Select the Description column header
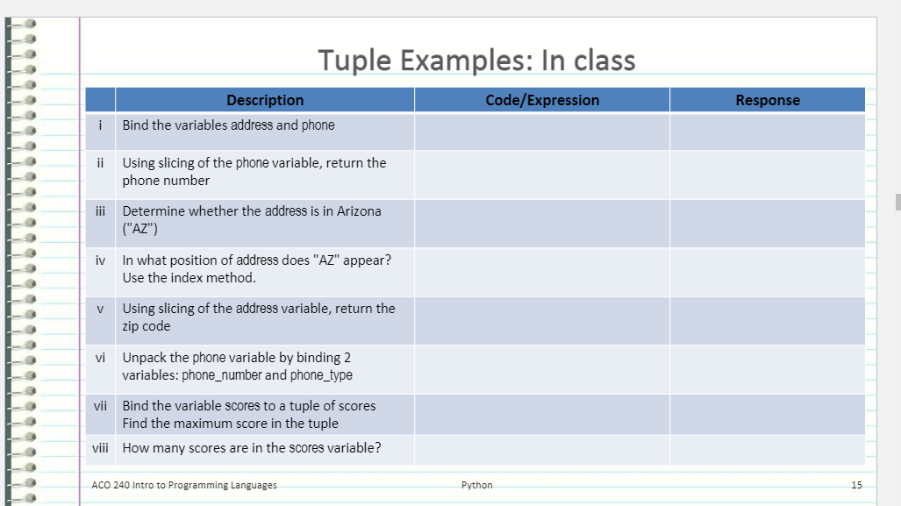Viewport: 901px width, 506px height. [265, 100]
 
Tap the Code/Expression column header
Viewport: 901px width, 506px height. [542, 100]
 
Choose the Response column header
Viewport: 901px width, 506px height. [768, 100]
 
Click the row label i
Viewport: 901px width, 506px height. [101, 125]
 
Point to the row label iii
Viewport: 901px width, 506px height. [100, 210]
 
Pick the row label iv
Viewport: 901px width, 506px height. [100, 260]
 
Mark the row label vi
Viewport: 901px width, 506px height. [100, 357]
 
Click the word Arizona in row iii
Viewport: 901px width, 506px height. [359, 210]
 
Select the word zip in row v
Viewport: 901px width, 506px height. [132, 326]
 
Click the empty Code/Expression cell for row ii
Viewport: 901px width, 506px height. [542, 174]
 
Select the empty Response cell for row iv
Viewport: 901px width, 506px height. [768, 271]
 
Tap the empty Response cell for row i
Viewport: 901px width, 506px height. [768, 131]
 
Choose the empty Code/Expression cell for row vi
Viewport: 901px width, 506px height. [542, 368]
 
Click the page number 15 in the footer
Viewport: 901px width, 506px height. [857, 485]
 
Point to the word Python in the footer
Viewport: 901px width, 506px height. [477, 485]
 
